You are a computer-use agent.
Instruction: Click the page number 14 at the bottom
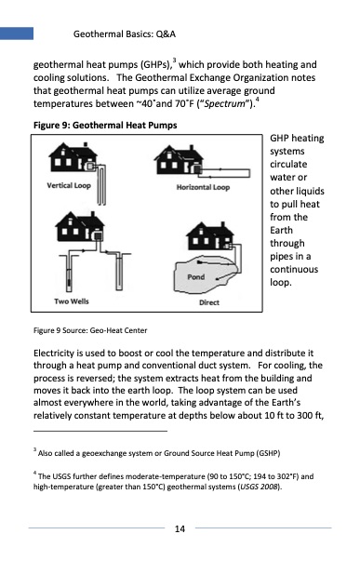[180, 528]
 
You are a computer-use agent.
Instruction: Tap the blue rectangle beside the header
[17, 33]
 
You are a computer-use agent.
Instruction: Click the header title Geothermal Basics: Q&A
[125, 34]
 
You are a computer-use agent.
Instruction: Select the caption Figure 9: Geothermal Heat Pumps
[105, 126]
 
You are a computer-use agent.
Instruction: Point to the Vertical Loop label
[69, 185]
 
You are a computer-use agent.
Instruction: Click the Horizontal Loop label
[203, 187]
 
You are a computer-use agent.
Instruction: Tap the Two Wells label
[72, 301]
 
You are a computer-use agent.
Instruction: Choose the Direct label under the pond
[209, 302]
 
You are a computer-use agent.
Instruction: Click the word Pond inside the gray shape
[196, 277]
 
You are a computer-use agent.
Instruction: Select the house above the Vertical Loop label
[73, 157]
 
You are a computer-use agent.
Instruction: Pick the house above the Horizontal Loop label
[179, 160]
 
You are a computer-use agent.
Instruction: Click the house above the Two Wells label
[80, 226]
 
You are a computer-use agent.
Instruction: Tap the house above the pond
[210, 236]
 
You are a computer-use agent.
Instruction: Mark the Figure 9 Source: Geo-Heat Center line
[90, 330]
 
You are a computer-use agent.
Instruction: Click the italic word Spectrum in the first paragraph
[224, 104]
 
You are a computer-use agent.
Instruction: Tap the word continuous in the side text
[294, 270]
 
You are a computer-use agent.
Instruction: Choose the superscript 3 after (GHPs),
[174, 60]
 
